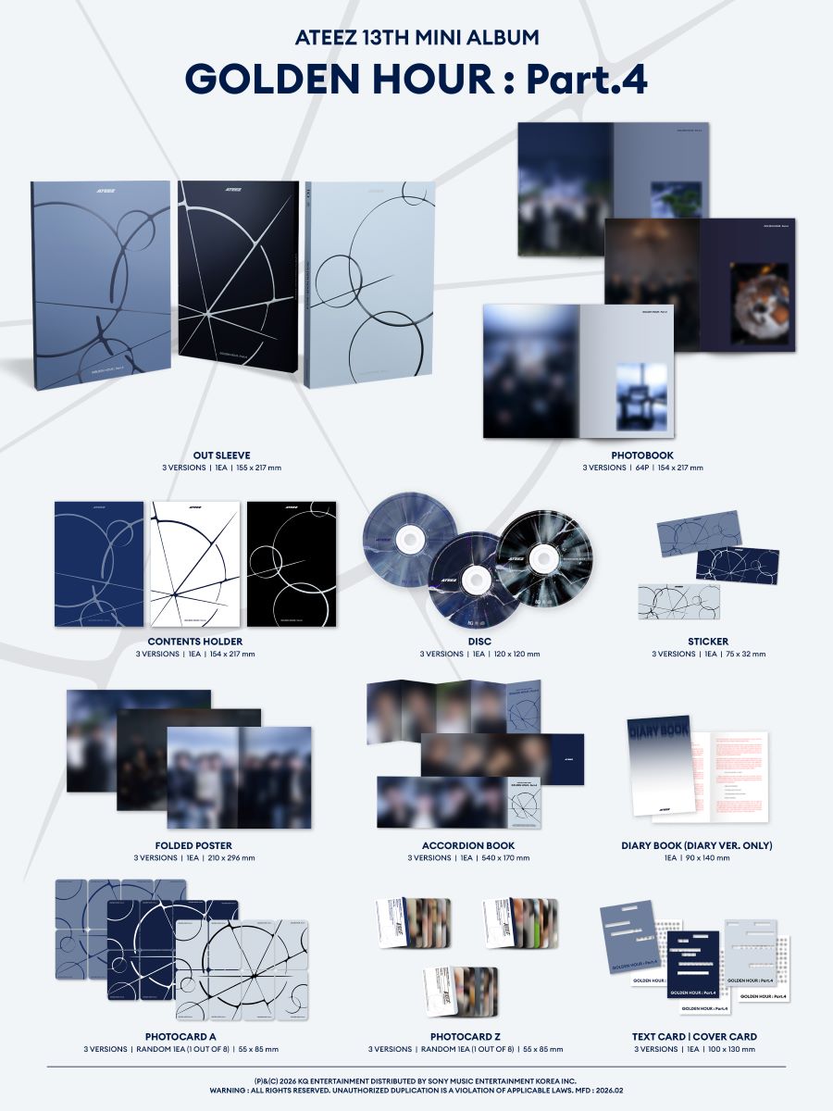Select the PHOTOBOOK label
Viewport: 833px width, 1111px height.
(x=642, y=455)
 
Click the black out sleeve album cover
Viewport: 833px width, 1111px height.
(x=237, y=282)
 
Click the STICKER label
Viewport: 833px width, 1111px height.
(x=708, y=641)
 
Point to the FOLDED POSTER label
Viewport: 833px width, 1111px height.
(x=193, y=845)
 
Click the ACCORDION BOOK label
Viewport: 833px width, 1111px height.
(x=468, y=845)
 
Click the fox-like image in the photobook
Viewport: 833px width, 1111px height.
(x=759, y=304)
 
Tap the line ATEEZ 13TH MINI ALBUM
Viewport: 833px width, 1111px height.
(x=416, y=38)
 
